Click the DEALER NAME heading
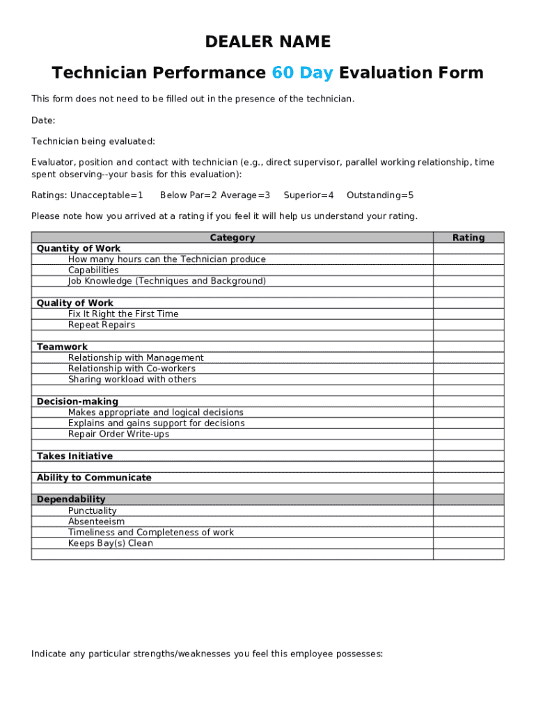coord(267,42)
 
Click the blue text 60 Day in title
coord(302,73)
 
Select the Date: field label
coord(43,120)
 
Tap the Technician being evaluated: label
coord(93,141)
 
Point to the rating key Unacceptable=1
coord(107,195)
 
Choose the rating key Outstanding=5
coord(380,195)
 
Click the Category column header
coord(232,238)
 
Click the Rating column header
coord(468,238)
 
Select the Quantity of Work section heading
coord(79,248)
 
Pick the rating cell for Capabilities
coord(468,270)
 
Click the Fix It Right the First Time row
coord(123,314)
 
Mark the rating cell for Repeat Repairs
coord(468,325)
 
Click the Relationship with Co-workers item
coord(132,369)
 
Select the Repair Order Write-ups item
coord(118,434)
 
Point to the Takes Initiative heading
coord(74,456)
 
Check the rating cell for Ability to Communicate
coord(468,478)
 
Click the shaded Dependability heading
coord(71,499)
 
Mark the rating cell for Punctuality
coord(468,511)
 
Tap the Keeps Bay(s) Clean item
coord(110,543)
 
